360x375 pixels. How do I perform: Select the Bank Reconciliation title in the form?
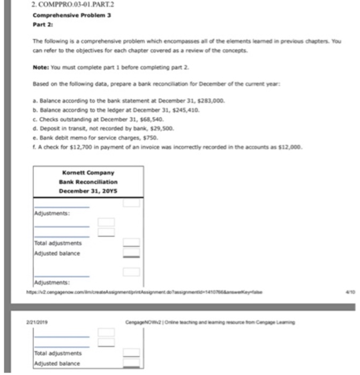(x=88, y=182)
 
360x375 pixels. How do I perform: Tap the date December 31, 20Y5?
(x=88, y=191)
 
